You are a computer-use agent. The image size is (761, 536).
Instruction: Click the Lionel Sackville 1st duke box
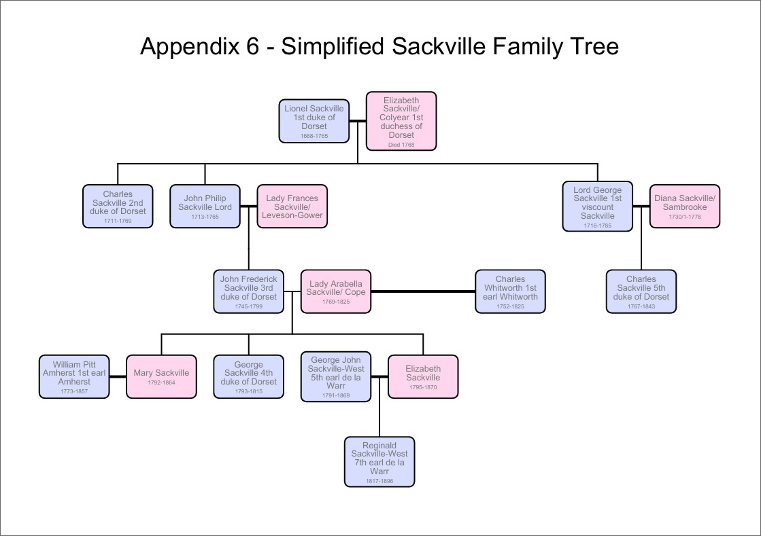click(x=314, y=121)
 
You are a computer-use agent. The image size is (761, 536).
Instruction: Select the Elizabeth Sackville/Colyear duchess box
click(x=401, y=121)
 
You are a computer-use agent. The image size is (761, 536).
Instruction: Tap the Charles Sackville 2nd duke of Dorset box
click(x=118, y=206)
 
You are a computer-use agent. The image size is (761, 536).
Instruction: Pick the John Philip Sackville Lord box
click(x=205, y=206)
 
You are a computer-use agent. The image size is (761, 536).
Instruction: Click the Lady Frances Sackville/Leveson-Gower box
click(x=292, y=206)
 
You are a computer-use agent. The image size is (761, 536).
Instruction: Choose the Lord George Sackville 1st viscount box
click(x=598, y=206)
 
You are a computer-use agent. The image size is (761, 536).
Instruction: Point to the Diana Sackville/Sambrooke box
click(x=685, y=206)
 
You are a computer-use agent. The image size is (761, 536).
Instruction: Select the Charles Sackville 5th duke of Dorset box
click(x=641, y=291)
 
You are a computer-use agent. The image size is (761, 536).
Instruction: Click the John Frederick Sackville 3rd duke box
click(x=248, y=291)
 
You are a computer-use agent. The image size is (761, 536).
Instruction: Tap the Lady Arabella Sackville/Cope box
click(x=336, y=291)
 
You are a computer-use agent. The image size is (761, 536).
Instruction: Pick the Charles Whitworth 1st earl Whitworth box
click(x=510, y=291)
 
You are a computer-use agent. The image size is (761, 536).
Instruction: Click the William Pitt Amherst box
click(x=74, y=376)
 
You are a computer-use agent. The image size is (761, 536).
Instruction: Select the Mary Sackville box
click(x=161, y=376)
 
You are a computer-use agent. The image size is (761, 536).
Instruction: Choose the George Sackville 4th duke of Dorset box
click(x=248, y=376)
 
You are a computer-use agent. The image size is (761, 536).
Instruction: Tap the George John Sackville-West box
click(x=336, y=376)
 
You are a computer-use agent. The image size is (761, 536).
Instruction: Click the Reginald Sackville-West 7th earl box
click(x=379, y=462)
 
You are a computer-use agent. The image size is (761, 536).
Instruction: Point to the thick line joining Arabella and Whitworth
click(x=423, y=291)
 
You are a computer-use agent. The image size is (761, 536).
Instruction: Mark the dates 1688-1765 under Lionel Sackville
click(x=314, y=136)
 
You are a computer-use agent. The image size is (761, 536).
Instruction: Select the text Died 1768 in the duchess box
click(x=401, y=144)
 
